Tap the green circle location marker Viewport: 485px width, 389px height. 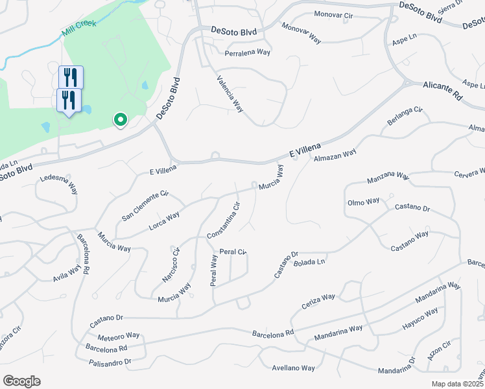click(120, 119)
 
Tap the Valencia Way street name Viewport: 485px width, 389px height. click(230, 93)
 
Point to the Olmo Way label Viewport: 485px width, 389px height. click(364, 201)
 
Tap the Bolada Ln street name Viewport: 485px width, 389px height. click(309, 262)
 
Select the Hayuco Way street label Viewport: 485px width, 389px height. click(420, 318)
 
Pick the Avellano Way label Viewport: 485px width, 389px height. click(293, 368)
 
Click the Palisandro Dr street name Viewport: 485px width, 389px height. click(110, 361)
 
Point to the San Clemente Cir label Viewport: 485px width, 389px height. click(145, 205)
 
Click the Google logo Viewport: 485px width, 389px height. click(21, 381)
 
